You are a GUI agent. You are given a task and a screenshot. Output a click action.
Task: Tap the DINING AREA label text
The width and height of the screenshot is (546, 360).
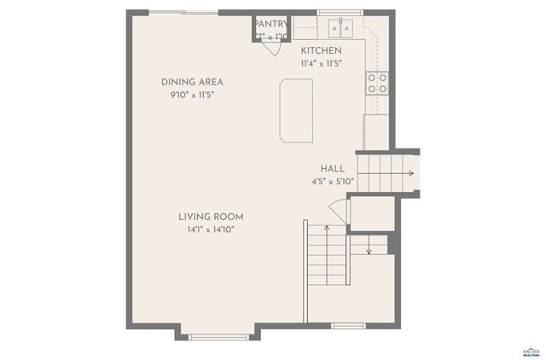192,82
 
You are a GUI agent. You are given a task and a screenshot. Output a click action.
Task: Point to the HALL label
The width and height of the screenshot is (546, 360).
333,169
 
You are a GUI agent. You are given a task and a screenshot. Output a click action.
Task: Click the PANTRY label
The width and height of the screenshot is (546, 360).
271,24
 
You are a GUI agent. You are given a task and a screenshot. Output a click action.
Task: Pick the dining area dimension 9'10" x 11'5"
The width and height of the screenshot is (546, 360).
192,95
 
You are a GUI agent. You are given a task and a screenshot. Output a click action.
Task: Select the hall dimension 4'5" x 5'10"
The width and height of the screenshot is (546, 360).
332,182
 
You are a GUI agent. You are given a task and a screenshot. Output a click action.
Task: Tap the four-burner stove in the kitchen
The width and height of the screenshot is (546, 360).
376,83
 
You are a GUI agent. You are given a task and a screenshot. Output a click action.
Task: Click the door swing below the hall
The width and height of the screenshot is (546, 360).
338,211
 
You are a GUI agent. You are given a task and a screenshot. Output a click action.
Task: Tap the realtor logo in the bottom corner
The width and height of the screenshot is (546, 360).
531,351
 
